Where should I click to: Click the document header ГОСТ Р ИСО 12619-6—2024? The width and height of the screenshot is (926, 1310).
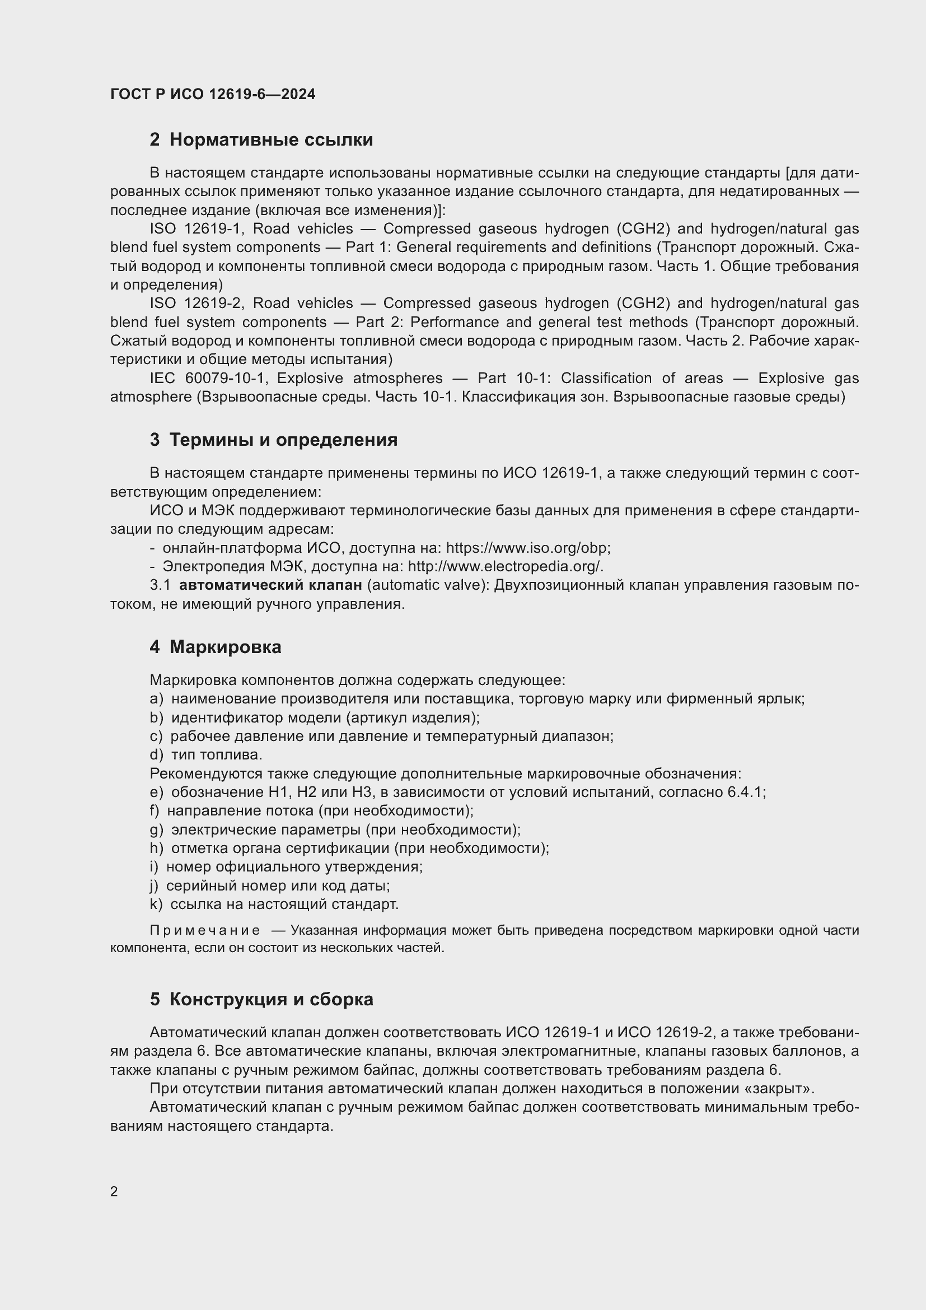point(213,95)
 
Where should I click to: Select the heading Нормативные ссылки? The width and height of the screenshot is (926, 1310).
point(271,140)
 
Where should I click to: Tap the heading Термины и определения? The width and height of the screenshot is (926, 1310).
point(283,440)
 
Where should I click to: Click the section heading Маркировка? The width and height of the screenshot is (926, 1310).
point(225,647)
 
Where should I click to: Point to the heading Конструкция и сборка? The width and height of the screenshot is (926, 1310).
point(271,999)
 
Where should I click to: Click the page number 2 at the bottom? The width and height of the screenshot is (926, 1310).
point(114,1191)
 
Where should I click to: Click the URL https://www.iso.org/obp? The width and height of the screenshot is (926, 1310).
point(527,548)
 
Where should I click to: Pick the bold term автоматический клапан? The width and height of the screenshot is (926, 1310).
point(270,585)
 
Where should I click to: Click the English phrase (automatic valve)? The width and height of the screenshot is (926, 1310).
point(428,585)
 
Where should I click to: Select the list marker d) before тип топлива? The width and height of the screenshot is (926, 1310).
point(156,755)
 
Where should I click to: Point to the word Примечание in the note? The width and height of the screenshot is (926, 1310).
point(205,931)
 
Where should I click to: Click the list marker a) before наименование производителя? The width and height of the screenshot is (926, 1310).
point(156,699)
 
